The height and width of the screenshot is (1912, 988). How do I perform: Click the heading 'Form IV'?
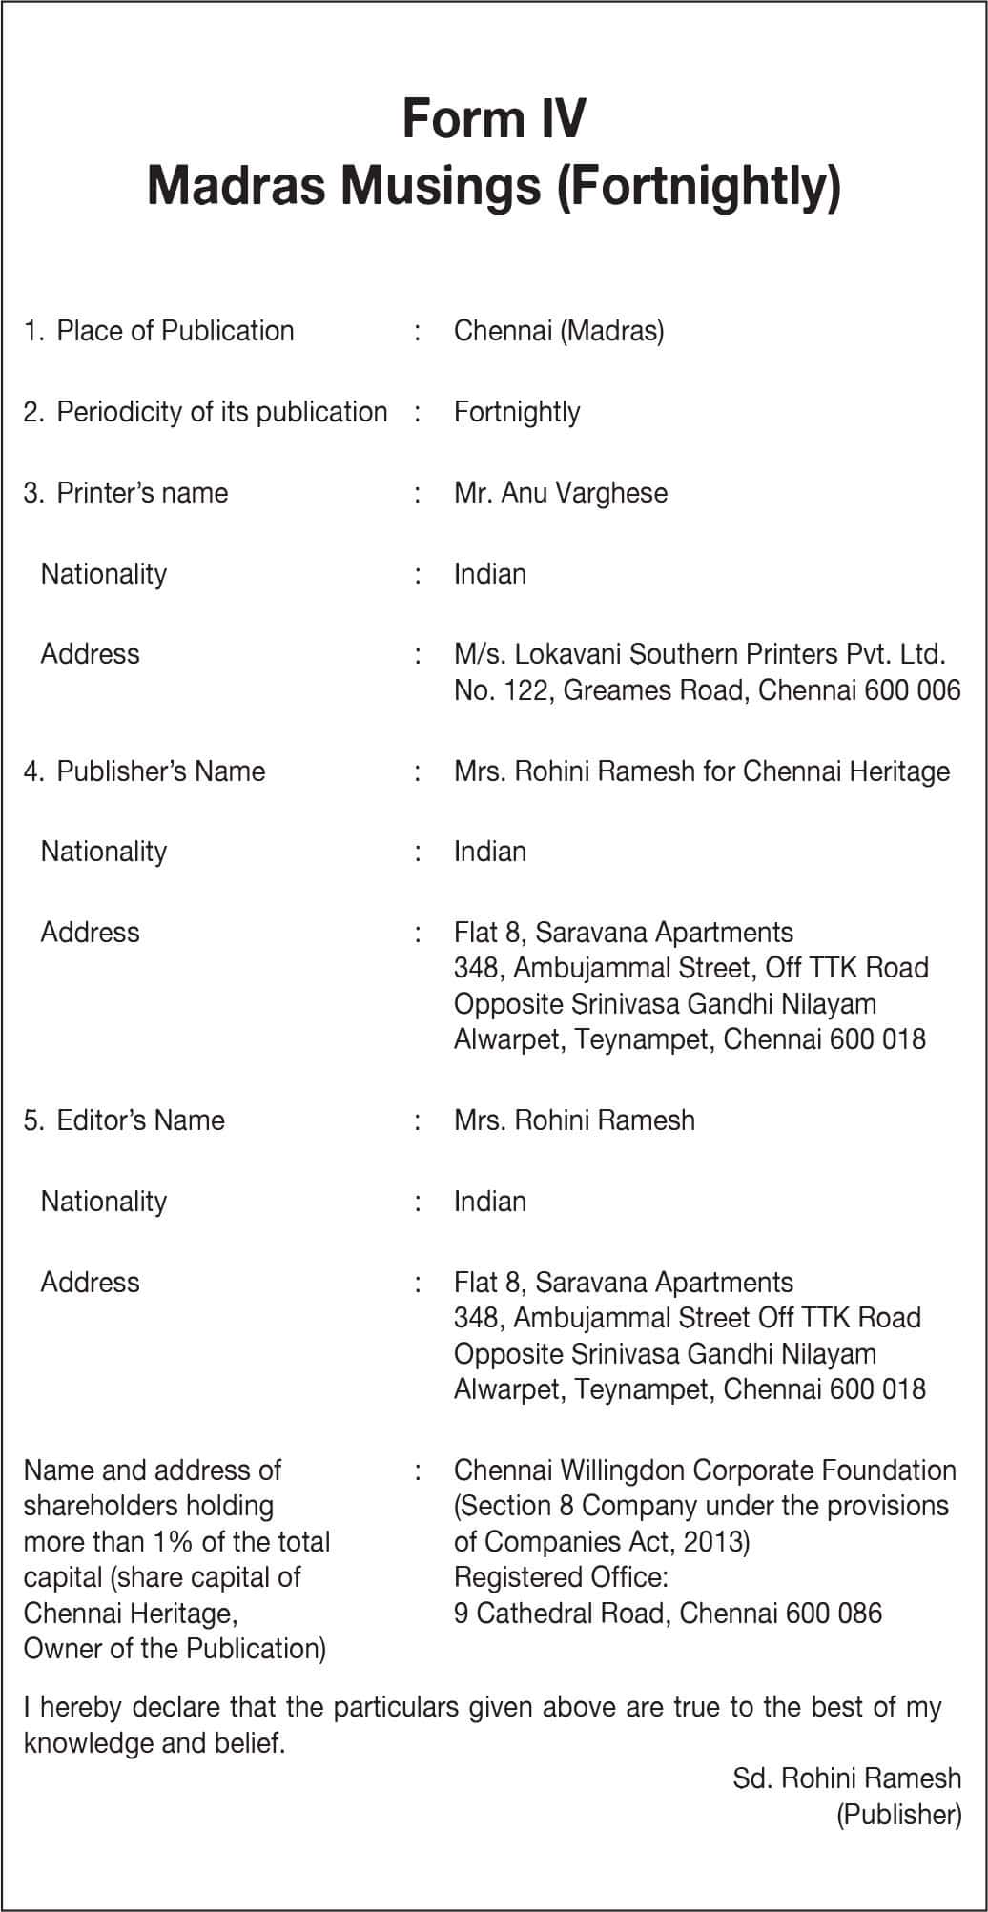[494, 118]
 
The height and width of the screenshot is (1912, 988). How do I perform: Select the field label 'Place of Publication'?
[175, 331]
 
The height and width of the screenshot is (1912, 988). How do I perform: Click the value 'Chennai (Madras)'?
[559, 331]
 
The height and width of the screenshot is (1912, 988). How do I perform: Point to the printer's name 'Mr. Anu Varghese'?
[561, 493]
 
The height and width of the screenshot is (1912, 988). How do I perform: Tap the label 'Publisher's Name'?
[160, 771]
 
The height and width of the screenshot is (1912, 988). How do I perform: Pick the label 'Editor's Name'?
[140, 1120]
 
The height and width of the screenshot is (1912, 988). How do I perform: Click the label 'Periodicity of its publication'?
[221, 412]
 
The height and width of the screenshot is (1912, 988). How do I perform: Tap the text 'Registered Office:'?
[561, 1577]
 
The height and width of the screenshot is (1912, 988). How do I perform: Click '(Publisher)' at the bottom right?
[898, 1814]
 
